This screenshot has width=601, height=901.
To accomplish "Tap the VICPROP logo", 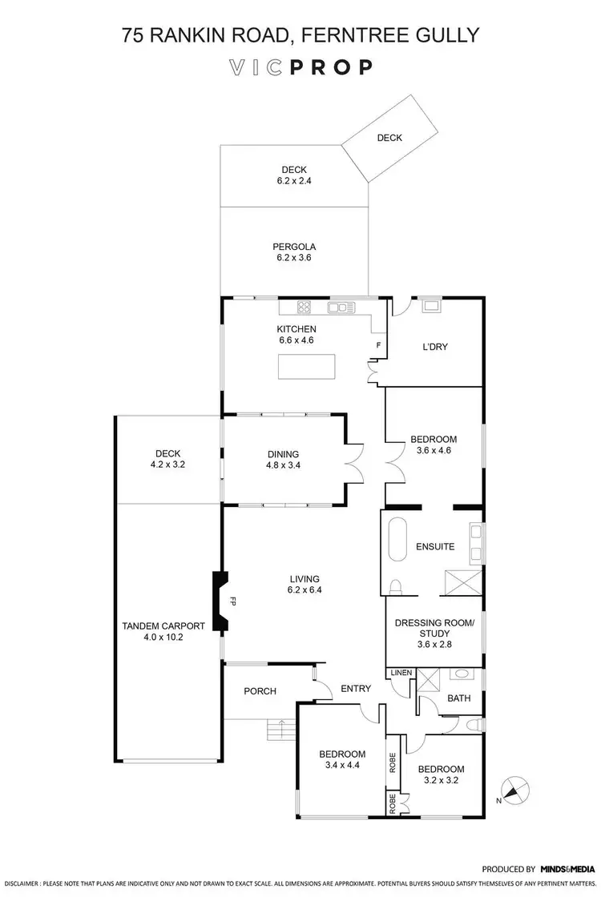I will [x=300, y=67].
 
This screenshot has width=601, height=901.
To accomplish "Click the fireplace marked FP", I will [x=219, y=601].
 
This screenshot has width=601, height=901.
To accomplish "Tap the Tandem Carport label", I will [x=163, y=632].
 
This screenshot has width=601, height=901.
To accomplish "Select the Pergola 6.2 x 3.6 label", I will [x=294, y=252].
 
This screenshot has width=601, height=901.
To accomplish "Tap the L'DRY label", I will [x=434, y=348].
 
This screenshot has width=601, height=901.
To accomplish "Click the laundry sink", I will [x=430, y=304].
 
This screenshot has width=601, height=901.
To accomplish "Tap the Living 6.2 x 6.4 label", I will [x=305, y=584].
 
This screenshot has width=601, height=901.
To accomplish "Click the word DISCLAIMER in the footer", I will [x=22, y=883].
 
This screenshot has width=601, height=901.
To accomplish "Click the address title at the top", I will [x=300, y=34].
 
